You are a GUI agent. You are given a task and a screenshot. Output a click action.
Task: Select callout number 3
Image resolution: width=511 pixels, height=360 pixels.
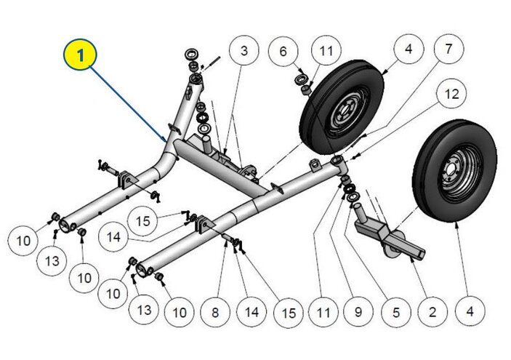(245, 50)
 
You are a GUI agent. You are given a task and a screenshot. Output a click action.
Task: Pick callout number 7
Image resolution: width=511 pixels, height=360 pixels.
(448, 49)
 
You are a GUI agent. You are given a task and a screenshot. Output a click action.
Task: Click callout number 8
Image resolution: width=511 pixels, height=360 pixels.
(215, 312)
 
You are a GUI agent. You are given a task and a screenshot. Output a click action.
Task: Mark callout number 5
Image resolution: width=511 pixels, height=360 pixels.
(395, 312)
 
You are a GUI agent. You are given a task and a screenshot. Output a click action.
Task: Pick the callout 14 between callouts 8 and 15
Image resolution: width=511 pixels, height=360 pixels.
(252, 312)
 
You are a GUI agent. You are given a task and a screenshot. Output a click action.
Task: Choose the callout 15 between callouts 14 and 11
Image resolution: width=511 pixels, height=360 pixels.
(289, 312)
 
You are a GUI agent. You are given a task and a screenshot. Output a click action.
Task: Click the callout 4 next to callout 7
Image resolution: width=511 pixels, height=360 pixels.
(409, 49)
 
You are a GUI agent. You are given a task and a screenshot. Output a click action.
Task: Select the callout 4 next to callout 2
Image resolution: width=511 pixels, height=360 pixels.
(470, 312)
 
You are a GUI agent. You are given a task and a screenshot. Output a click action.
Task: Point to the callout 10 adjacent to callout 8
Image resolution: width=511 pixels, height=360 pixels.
(179, 312)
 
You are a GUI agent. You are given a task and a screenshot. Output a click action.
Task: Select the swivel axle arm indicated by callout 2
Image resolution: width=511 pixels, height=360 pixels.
(385, 236)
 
